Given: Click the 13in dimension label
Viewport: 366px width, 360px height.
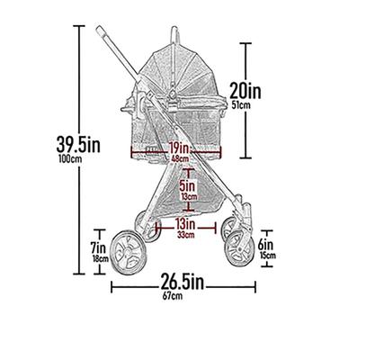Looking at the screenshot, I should pos(186,222).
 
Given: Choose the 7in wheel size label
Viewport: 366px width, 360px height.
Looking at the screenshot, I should pos(99,246).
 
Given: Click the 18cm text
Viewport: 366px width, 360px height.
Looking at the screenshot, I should pos(99,258).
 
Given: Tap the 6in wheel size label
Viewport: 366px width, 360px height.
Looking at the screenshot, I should pos(264,243).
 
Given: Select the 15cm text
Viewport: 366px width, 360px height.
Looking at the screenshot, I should pos(265,256).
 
